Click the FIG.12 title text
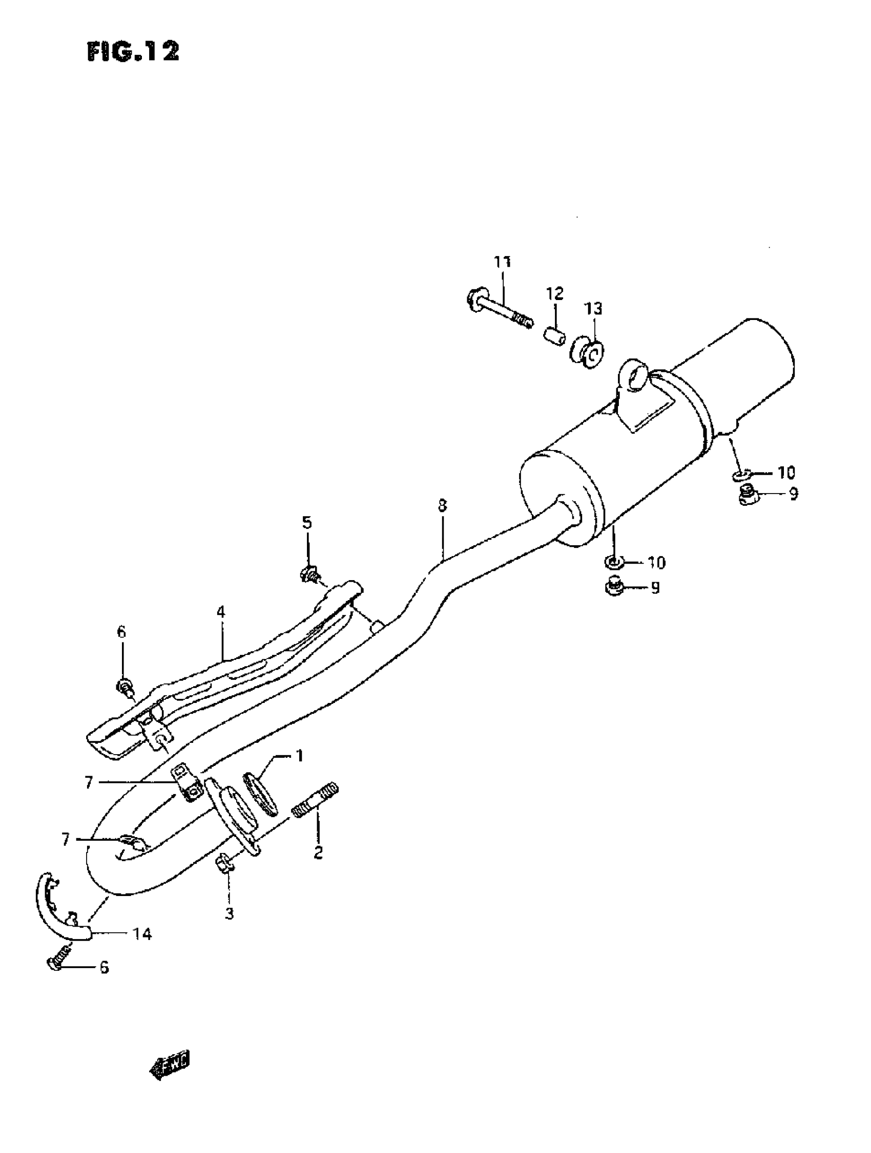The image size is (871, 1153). click(x=133, y=52)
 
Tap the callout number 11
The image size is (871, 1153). click(x=502, y=262)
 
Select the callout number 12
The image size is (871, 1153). click(x=555, y=293)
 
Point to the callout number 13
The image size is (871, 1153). click(x=593, y=309)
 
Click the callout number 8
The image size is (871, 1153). click(x=442, y=505)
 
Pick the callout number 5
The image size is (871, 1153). click(x=307, y=522)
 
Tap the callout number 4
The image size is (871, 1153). click(x=221, y=611)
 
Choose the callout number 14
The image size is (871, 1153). click(x=142, y=934)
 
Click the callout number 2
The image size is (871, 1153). click(x=318, y=852)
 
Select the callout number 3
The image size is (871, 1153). click(x=230, y=913)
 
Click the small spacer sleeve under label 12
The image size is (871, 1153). click(x=555, y=335)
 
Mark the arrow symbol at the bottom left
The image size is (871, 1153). click(x=170, y=1063)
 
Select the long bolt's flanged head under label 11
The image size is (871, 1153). click(x=475, y=301)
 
